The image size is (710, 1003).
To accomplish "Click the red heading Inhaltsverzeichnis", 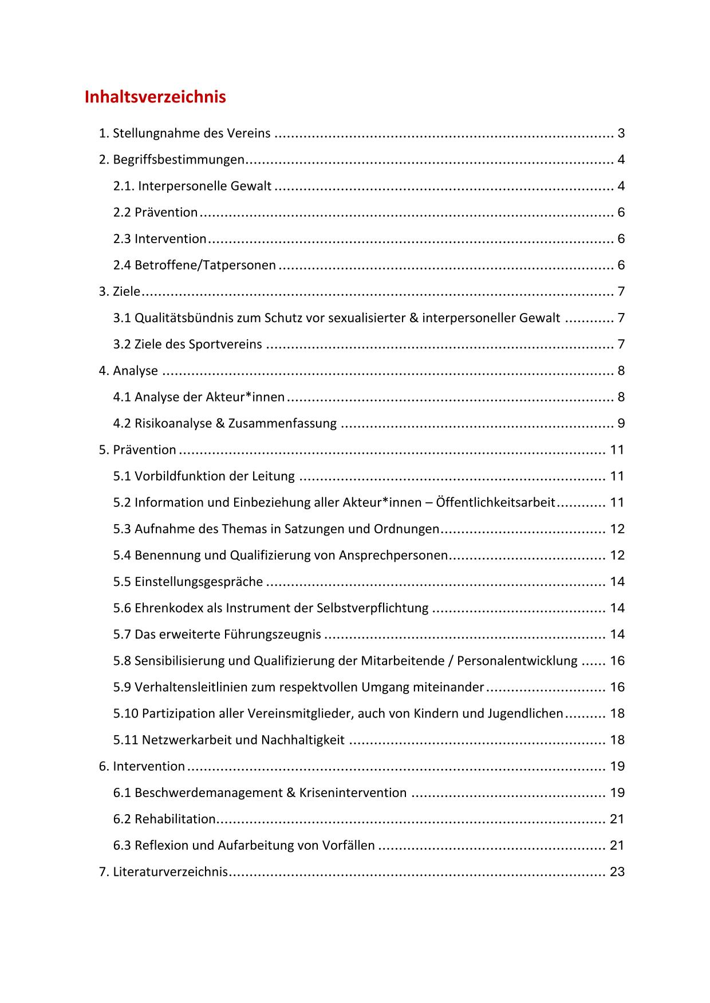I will (155, 97).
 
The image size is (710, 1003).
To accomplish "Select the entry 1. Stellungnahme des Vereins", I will (184, 134).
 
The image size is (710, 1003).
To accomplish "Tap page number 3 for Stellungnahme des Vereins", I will (621, 134).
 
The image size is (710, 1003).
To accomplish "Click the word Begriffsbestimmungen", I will (179, 160).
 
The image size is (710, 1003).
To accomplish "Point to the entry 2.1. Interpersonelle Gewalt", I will (192, 186).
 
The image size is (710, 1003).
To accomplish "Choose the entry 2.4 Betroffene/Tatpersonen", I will (195, 265).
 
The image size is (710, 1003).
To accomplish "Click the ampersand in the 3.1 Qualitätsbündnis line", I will (414, 318).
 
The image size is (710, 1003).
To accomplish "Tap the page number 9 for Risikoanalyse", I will (621, 424).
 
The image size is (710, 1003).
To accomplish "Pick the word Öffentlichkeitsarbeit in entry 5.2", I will (495, 503).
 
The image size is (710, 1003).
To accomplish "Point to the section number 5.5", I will (122, 582).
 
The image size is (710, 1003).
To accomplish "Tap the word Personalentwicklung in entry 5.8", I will (517, 661).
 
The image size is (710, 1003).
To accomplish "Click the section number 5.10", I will (125, 713).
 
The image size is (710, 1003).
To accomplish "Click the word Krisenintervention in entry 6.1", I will (353, 793).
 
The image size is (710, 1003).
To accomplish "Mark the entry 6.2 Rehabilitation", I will (164, 819).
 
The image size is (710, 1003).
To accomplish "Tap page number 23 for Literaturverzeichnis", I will (617, 872).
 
